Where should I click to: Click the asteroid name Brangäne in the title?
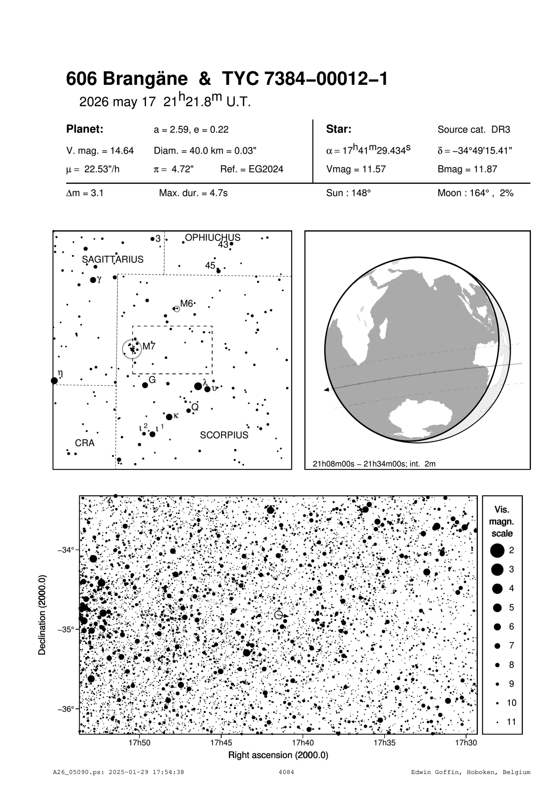(145, 79)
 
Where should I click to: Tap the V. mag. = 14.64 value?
(100, 151)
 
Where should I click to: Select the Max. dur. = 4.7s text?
(193, 193)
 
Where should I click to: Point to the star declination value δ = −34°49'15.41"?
(475, 151)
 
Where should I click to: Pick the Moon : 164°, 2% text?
(475, 193)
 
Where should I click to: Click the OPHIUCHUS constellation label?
(213, 238)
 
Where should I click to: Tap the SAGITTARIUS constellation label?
(112, 259)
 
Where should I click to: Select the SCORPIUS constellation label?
(224, 435)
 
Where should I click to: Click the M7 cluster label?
(149, 346)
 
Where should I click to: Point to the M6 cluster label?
(187, 304)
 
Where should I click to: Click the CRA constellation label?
(85, 443)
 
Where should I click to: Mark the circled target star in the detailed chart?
(278, 615)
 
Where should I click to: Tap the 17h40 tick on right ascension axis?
(303, 743)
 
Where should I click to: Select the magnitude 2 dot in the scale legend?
(497, 550)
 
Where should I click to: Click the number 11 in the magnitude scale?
(512, 722)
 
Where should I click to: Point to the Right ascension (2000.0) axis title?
(278, 755)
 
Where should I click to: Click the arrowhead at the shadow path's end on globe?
(326, 390)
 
